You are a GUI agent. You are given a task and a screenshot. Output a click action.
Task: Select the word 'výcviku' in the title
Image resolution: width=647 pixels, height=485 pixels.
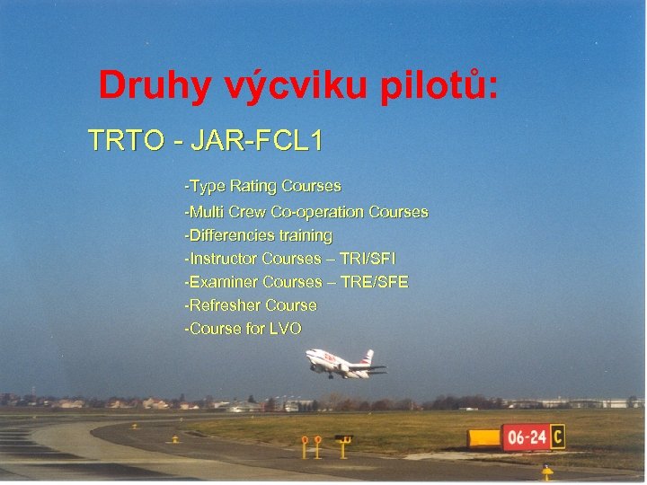pos(283,87)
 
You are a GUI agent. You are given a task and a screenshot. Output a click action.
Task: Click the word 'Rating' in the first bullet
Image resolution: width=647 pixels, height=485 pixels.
pos(253,187)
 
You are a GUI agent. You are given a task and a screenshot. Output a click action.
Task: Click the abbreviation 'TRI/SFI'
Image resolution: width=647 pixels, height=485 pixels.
pos(370,259)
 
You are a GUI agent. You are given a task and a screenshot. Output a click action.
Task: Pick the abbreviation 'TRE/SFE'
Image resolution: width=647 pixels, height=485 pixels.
pos(375,282)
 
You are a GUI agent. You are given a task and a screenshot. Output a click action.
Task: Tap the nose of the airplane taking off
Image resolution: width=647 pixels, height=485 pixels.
pos(309,355)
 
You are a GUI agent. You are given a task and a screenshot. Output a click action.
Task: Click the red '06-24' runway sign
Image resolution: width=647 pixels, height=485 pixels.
pos(526,437)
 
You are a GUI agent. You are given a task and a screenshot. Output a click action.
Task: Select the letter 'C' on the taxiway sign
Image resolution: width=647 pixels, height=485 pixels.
pos(557,436)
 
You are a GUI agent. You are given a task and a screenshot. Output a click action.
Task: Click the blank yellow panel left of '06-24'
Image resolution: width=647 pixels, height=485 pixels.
pos(485,437)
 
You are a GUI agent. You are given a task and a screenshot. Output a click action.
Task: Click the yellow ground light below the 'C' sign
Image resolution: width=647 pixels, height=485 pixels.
pos(546,471)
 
